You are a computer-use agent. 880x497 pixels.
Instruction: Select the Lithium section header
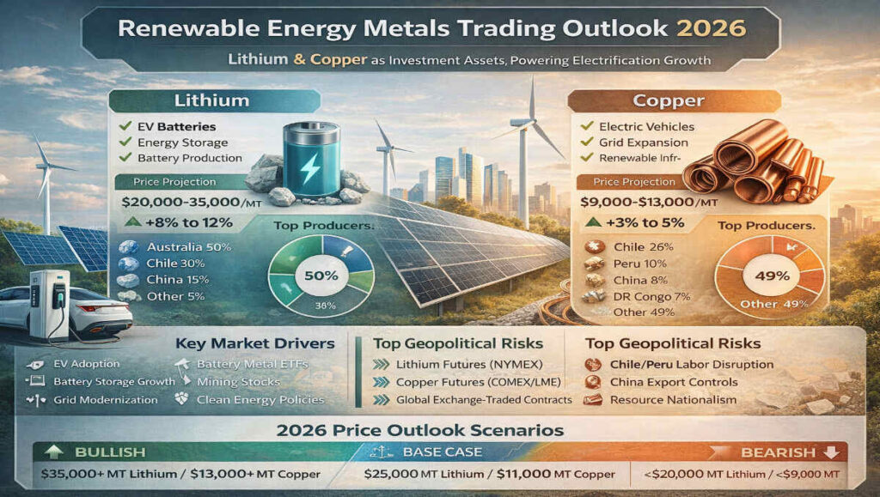tap(211, 100)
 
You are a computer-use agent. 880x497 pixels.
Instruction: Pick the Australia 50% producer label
tap(176, 247)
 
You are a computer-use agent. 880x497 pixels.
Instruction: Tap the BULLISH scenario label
tap(97, 452)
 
